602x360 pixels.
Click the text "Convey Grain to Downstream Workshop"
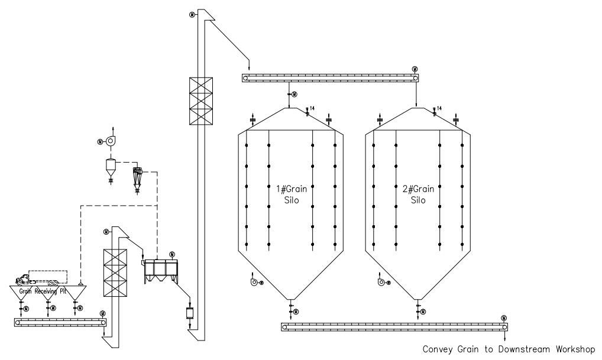click(511, 349)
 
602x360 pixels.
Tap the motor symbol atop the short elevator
click(106, 231)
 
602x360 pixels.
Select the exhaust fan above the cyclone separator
click(110, 140)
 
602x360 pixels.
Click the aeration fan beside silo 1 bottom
click(254, 283)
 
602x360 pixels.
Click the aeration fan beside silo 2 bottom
click(382, 283)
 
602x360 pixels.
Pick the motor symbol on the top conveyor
click(415, 69)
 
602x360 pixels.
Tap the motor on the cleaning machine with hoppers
click(171, 254)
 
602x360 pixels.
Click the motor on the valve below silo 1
click(296, 312)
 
